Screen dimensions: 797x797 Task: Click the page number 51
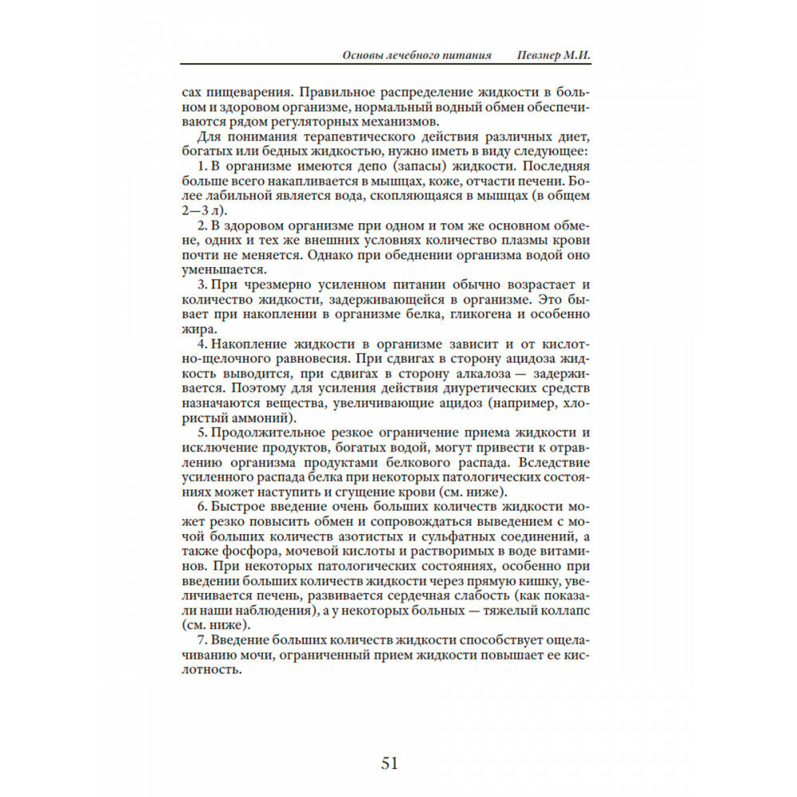[389, 763]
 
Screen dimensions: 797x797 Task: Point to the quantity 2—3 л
[203, 210]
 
